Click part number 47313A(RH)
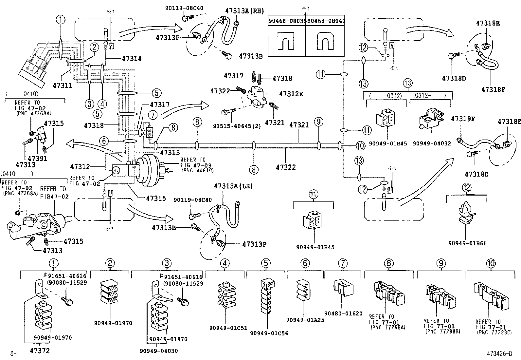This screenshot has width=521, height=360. [x=243, y=10]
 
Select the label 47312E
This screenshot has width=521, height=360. [x=291, y=94]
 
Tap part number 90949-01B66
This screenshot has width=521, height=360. [x=467, y=243]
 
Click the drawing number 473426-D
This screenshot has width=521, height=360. [x=499, y=354]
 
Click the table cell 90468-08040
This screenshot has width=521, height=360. [x=326, y=21]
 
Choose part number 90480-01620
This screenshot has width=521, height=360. [x=343, y=313]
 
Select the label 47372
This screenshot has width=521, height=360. [x=40, y=351]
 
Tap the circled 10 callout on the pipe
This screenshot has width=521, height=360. [x=360, y=146]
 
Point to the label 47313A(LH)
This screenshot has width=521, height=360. [x=233, y=186]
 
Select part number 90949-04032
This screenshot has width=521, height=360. [x=431, y=143]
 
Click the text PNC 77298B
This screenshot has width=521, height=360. [x=443, y=332]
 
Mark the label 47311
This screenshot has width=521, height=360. [x=63, y=86]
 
